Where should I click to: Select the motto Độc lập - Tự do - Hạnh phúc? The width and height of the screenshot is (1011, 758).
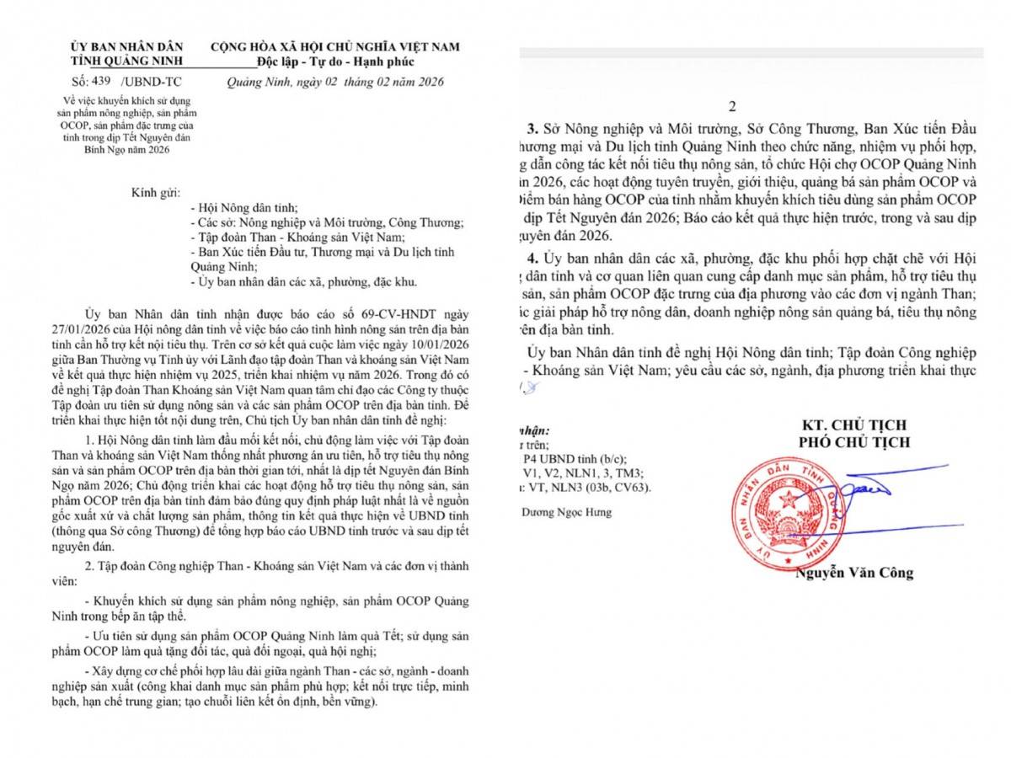334,61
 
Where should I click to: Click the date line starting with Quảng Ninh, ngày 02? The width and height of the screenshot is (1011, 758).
335,83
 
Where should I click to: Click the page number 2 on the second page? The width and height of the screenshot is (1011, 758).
732,107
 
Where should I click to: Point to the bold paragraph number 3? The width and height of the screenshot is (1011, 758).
532,131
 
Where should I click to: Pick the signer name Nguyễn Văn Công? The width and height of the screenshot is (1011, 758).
854,573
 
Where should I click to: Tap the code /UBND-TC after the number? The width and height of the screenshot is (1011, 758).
151,82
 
